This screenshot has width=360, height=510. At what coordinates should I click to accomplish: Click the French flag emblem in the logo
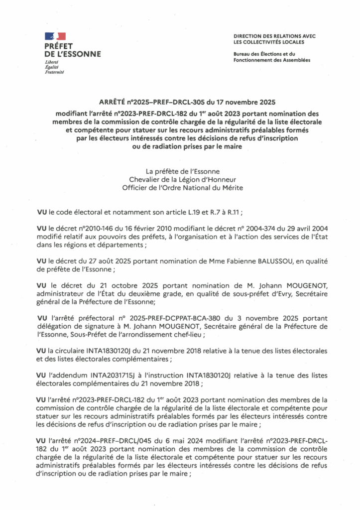click(55, 36)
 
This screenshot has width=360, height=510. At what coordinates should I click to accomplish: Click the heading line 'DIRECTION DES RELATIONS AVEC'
click(274, 36)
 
